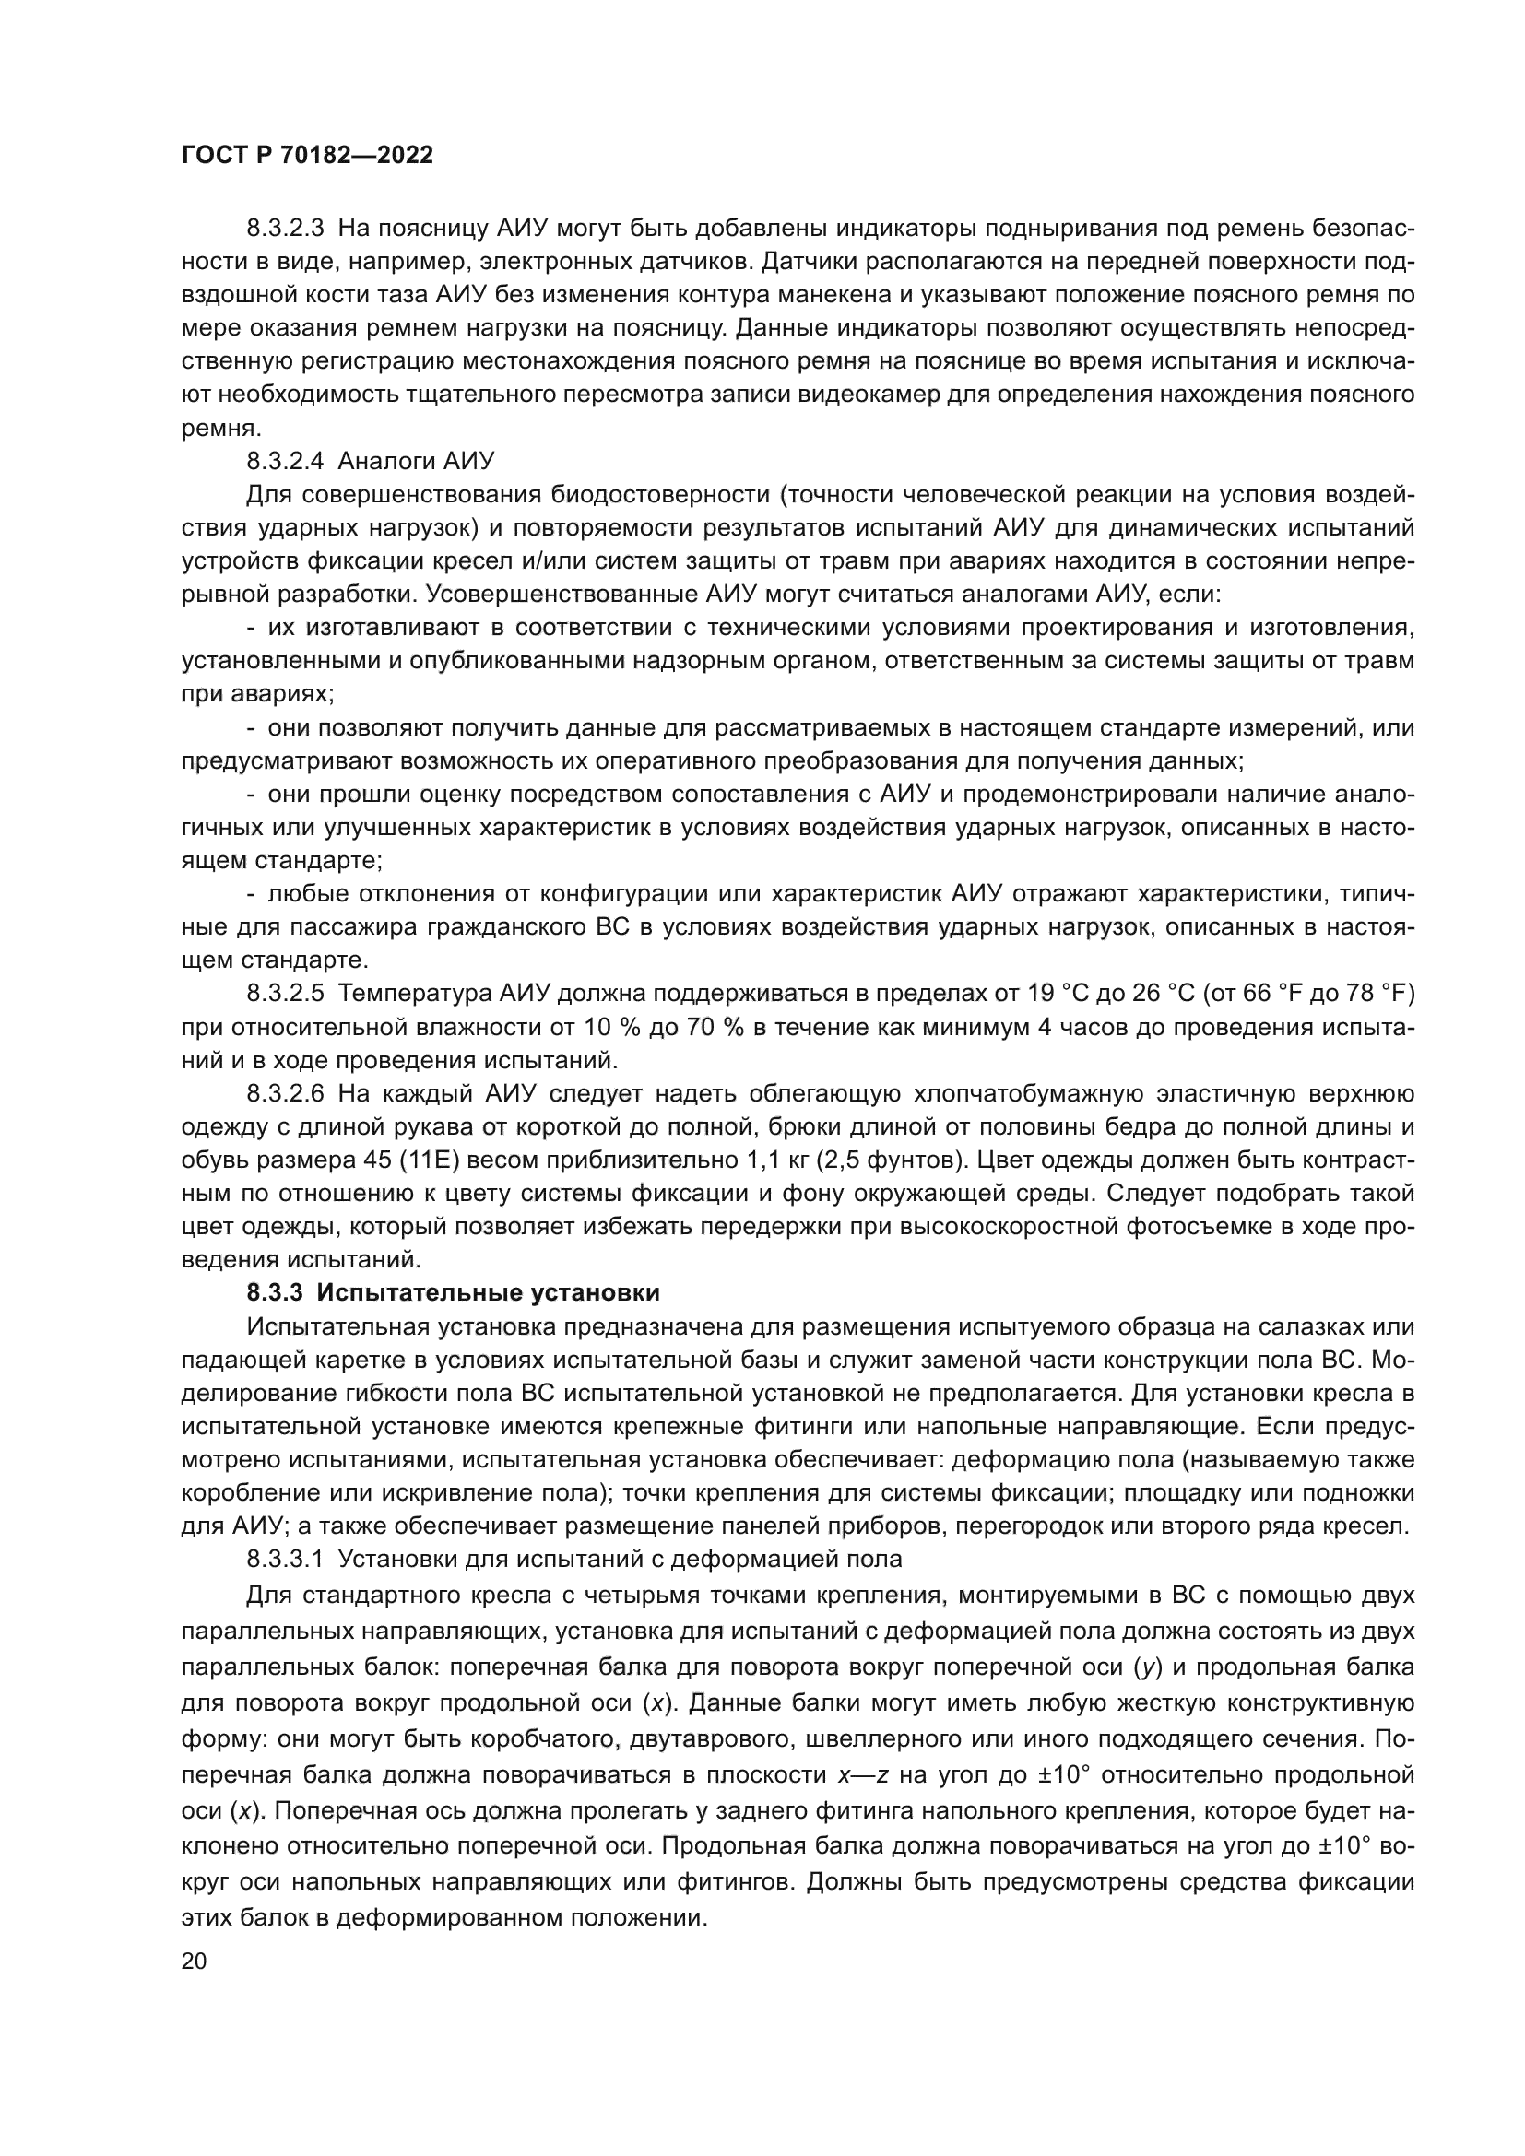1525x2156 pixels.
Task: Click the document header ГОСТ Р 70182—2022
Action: (x=307, y=156)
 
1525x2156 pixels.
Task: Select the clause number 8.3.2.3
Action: (x=286, y=229)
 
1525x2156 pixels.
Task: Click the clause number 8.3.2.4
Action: (x=286, y=461)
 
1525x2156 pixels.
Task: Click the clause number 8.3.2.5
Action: (x=286, y=994)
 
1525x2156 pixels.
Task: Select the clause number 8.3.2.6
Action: (x=286, y=1094)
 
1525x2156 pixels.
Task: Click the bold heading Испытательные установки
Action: (x=489, y=1293)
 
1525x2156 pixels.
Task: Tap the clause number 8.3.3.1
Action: (x=286, y=1560)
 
